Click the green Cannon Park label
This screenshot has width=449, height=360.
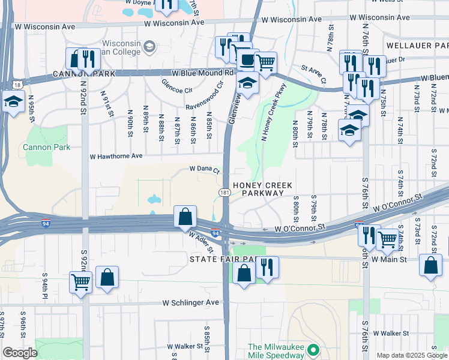click(x=46, y=147)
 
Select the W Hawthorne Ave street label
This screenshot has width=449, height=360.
click(x=116, y=156)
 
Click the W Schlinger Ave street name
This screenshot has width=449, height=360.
click(x=191, y=303)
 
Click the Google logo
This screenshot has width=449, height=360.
click(x=20, y=353)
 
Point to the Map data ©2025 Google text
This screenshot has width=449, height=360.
click(x=412, y=355)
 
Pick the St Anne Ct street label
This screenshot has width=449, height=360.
click(x=313, y=76)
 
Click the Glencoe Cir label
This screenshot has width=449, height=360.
click(x=176, y=86)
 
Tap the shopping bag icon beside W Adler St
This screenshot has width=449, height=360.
click(x=185, y=216)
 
